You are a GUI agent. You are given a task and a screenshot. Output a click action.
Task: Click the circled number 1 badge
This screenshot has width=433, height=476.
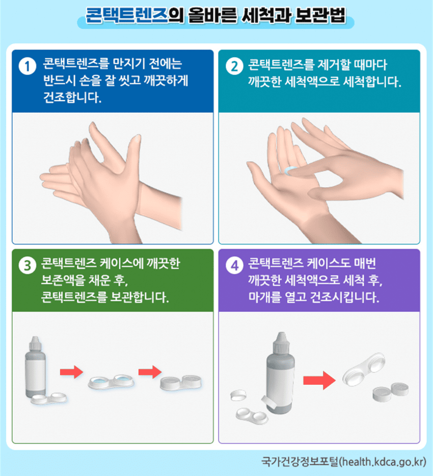[28, 66]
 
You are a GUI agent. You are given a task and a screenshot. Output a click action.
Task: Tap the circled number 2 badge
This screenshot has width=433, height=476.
[234, 66]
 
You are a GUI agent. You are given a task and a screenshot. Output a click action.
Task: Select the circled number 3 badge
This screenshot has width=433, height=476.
[28, 265]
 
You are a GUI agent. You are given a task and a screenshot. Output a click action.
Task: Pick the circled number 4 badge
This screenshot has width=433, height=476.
[234, 265]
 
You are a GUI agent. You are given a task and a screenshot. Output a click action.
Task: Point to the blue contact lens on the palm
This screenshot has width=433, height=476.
[290, 170]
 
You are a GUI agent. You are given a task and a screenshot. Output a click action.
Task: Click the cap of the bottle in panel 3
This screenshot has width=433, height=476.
[35, 343]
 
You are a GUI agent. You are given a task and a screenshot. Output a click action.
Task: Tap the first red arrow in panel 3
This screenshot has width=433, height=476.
[71, 372]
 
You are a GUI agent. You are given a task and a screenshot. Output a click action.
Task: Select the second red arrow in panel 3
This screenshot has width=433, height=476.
[150, 372]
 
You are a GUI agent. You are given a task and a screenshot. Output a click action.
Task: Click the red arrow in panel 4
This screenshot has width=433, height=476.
[319, 380]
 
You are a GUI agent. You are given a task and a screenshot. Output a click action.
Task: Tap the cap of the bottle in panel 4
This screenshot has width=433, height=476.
[282, 342]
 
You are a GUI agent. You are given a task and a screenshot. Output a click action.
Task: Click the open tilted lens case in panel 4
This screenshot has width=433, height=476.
[364, 369]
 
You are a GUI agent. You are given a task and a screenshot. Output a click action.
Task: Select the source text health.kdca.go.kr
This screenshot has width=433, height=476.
[383, 462]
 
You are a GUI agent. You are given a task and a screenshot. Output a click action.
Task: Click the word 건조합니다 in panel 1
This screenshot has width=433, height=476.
[72, 97]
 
